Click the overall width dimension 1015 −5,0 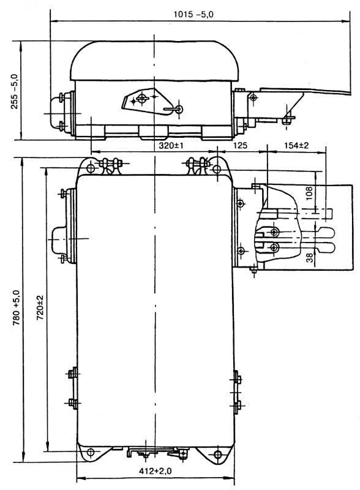[193, 14]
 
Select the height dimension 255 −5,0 [15, 91]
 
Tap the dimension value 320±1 [171, 145]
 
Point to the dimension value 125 [240, 145]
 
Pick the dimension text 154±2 [296, 145]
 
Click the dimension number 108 [309, 194]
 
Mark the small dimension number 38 [309, 258]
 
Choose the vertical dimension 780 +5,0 [17, 307]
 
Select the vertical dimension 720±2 [40, 307]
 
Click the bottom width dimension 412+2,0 [156, 471]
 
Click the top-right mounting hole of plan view [217, 170]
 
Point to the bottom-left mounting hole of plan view [91, 452]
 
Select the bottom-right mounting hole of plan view [218, 454]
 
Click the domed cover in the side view [154, 61]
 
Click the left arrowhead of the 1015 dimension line [54, 21]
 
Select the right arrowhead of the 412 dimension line [231, 478]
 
